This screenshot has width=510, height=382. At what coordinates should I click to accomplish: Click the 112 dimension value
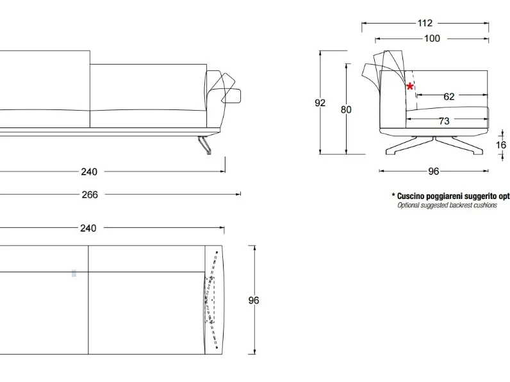pos(425,23)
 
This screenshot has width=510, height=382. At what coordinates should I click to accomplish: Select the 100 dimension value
pos(432,38)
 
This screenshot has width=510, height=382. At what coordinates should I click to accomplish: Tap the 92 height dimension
pos(320,103)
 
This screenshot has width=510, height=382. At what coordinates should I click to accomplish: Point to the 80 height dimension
pos(346,110)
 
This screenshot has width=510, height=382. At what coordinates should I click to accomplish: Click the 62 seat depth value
pos(449,97)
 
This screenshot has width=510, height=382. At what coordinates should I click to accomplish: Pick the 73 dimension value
pos(444,121)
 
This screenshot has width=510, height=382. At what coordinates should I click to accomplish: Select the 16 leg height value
pos(501,145)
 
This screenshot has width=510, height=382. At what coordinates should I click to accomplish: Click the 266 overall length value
pos(90,195)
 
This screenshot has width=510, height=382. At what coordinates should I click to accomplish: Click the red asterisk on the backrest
pos(410,86)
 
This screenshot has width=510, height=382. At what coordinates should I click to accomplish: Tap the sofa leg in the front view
pos(204,145)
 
